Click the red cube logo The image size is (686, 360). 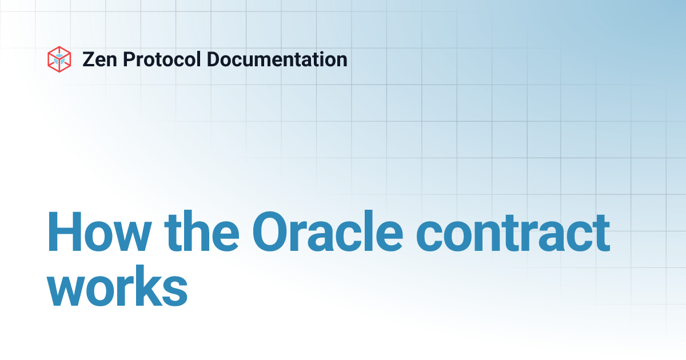[x=59, y=59]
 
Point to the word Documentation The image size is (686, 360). [x=277, y=59]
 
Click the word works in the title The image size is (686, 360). [x=117, y=290]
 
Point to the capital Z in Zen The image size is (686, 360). [x=89, y=59]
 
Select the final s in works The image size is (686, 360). [x=176, y=291]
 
